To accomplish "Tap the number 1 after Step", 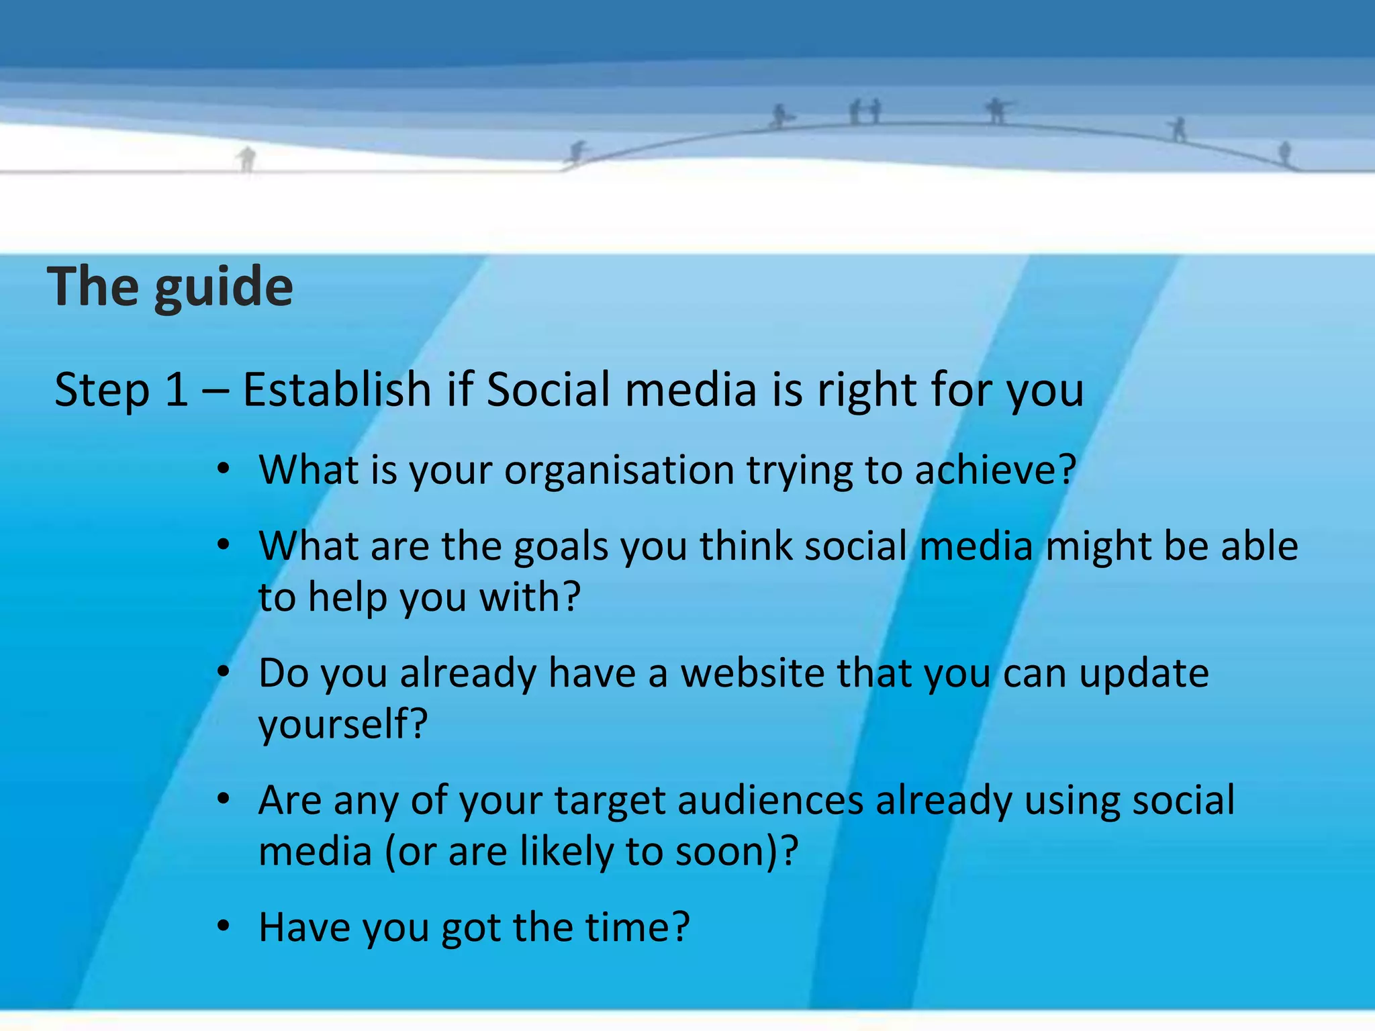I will pyautogui.click(x=176, y=389).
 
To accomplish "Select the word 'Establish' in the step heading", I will pyautogui.click(x=336, y=389).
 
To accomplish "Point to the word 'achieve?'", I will pyautogui.click(x=996, y=470).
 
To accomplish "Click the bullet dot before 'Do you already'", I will pyautogui.click(x=224, y=672).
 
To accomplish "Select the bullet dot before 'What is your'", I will pyautogui.click(x=224, y=469).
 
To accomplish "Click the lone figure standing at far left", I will pyautogui.click(x=247, y=159).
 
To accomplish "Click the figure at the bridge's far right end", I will pyautogui.click(x=1284, y=153).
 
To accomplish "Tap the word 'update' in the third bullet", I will pyautogui.click(x=1143, y=673).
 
